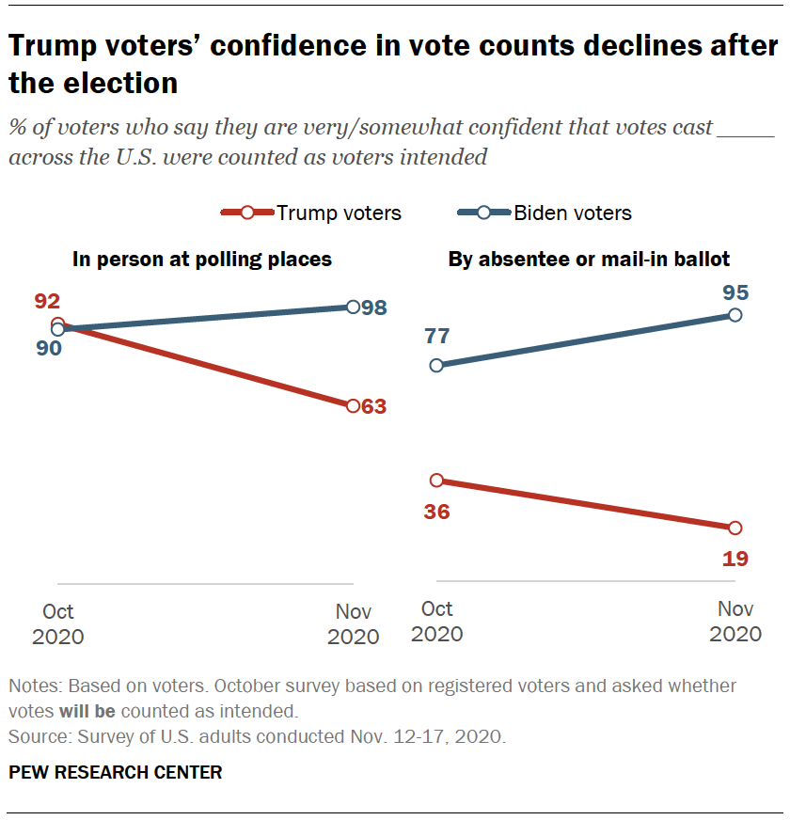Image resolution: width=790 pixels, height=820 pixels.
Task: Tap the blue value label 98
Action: click(x=374, y=307)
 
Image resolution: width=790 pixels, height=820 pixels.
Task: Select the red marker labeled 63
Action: click(x=353, y=406)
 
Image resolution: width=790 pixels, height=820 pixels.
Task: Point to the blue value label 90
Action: click(x=48, y=349)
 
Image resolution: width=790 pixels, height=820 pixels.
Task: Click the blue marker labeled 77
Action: click(x=435, y=365)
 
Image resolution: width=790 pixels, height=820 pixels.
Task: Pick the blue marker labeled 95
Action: click(x=735, y=315)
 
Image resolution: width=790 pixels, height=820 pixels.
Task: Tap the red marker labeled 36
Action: click(x=435, y=481)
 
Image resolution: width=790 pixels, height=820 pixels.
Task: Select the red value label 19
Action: click(x=735, y=559)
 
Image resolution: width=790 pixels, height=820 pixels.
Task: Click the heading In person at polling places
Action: click(x=201, y=260)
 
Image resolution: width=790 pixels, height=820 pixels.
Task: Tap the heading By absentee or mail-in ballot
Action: click(x=589, y=260)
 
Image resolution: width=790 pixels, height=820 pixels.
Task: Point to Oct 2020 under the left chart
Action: click(x=57, y=624)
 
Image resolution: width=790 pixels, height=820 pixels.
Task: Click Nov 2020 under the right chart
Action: click(x=735, y=621)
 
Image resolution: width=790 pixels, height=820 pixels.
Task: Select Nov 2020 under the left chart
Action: click(x=353, y=624)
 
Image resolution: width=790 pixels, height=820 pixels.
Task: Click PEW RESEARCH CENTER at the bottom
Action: click(x=115, y=773)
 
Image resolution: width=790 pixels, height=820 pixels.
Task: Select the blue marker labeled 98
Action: click(x=353, y=307)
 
